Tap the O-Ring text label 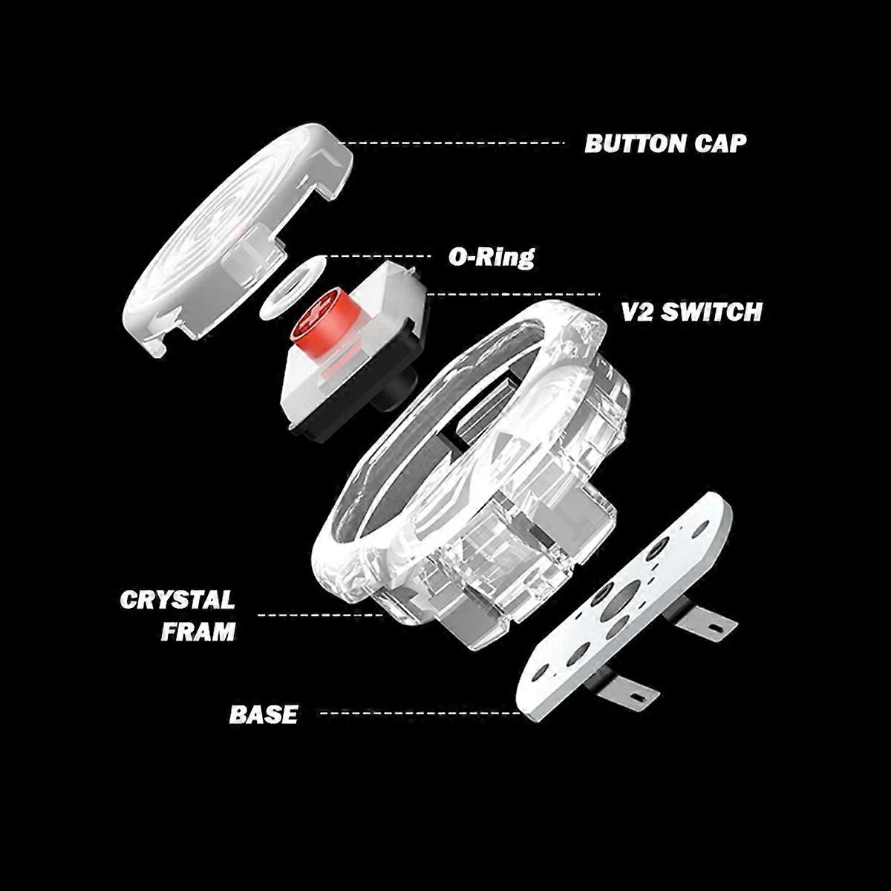pos(491,257)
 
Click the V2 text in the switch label pos(636,312)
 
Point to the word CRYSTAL pos(177,599)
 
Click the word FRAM pos(198,631)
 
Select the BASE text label pos(263,714)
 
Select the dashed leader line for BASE pos(416,713)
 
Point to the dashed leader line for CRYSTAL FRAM pos(319,615)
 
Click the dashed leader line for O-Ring pos(379,256)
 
